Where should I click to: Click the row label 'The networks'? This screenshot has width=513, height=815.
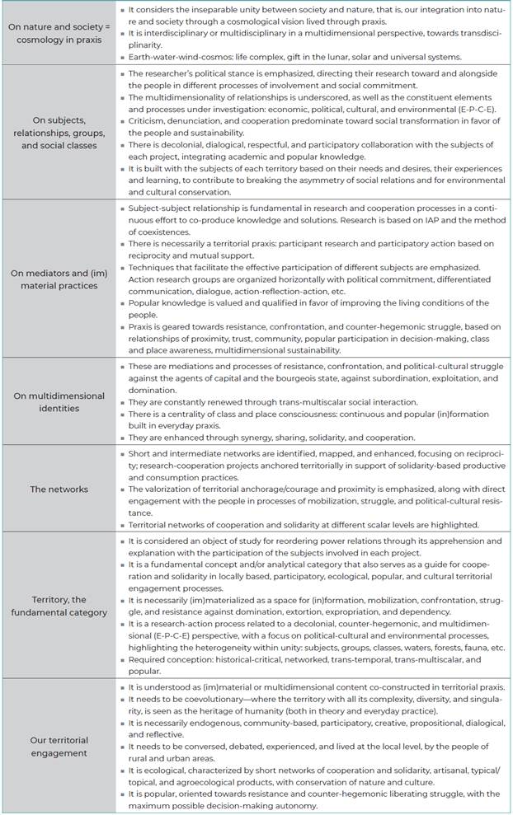tap(59, 489)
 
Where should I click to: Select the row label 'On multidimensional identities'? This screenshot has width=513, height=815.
tap(59, 401)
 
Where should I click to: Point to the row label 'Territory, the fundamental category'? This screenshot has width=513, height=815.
tap(59, 606)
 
